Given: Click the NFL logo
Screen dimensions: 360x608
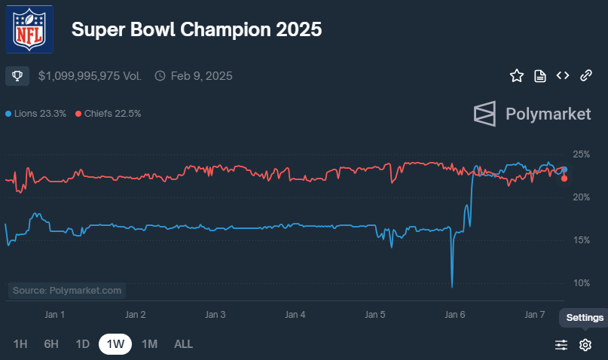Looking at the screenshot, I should [x=29, y=29].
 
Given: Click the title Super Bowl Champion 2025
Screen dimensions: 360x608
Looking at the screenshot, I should [x=196, y=29].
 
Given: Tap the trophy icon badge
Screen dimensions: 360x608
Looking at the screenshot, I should [x=17, y=75].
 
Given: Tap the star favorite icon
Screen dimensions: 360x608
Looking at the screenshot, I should [x=516, y=75].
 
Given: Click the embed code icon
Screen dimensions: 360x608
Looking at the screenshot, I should [x=562, y=75].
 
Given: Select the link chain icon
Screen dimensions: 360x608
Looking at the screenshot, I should [x=585, y=75].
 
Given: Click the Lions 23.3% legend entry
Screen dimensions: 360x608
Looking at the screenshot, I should [x=35, y=114].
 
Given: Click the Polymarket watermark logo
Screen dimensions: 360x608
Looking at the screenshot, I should [x=532, y=114].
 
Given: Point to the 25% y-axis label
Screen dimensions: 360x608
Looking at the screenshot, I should [x=581, y=154].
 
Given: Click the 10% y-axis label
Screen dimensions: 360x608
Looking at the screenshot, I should [x=581, y=283].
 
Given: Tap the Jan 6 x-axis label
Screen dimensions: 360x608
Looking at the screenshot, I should [x=457, y=314].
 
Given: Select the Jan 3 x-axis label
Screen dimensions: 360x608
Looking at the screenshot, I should [x=216, y=314].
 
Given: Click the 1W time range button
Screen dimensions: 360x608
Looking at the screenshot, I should [x=115, y=344].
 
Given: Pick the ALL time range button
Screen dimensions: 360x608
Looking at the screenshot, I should [x=183, y=344].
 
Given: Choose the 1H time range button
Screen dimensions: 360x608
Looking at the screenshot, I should [x=20, y=344].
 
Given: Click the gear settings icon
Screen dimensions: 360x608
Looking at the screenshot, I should [x=585, y=345].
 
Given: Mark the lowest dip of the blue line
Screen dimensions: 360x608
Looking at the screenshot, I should [x=451, y=286].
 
